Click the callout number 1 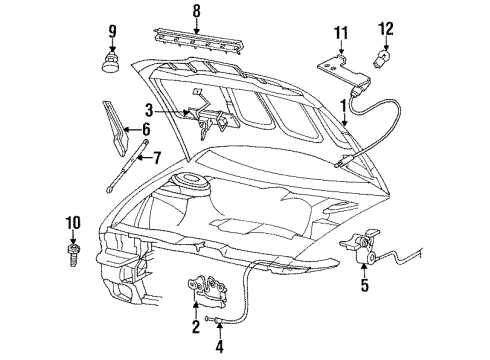pyautogui.click(x=342, y=105)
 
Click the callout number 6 pyautogui.click(x=146, y=129)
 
